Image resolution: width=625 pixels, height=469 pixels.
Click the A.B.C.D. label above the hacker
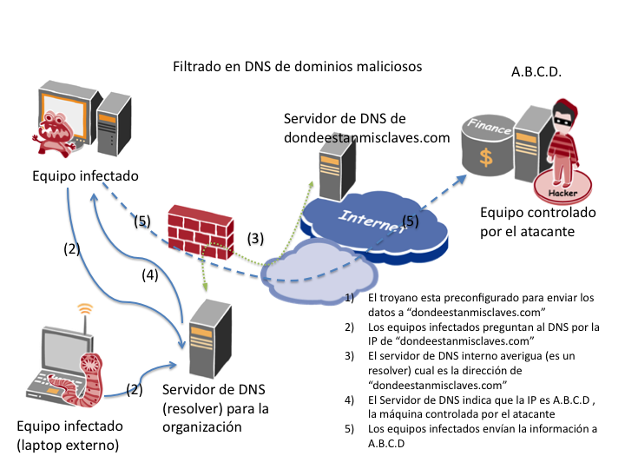click(536, 71)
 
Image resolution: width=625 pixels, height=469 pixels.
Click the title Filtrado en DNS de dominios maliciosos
click(297, 66)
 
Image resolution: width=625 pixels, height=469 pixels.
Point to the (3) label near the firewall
click(254, 237)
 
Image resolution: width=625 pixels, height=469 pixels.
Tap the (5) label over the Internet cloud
click(410, 221)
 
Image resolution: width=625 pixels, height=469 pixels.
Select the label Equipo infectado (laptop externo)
click(70, 435)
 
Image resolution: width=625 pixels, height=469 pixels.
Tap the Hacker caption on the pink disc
click(560, 185)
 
